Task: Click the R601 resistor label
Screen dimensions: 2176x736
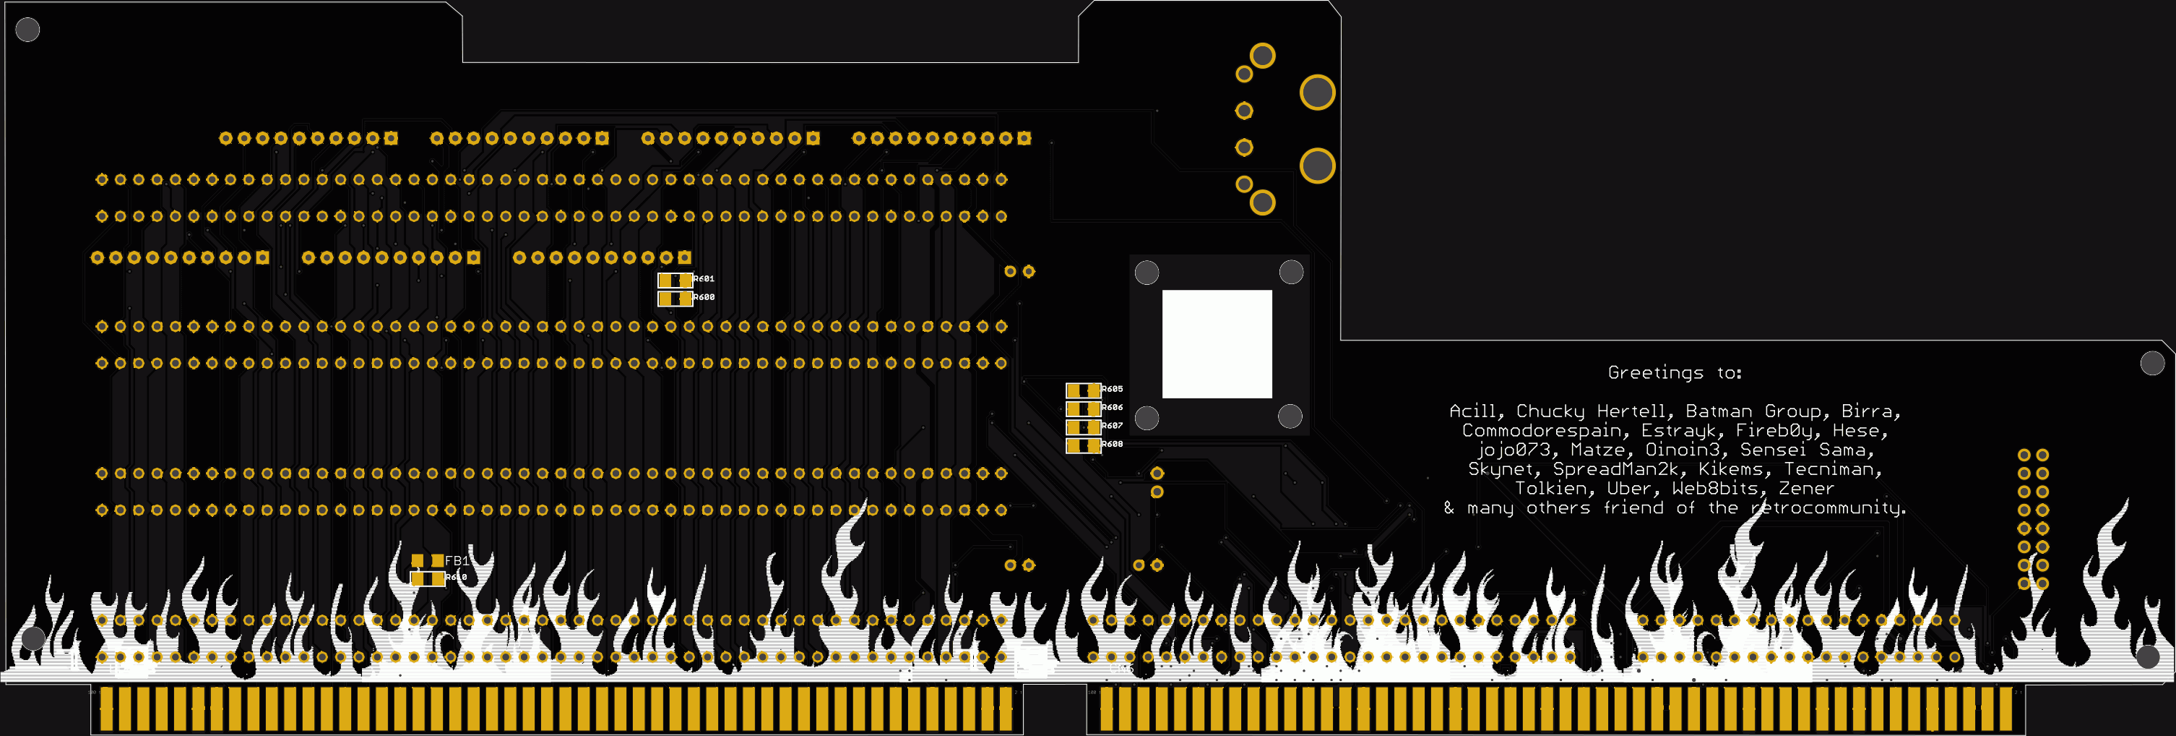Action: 704,279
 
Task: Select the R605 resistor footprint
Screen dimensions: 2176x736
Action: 1082,390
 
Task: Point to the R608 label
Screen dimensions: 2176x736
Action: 1112,445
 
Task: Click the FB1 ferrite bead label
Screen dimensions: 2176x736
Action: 456,561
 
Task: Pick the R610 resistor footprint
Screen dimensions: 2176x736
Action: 428,578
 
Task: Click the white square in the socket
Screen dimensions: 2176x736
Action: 1217,344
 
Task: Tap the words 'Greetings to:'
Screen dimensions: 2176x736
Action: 1673,372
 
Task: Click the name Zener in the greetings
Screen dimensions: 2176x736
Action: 1806,489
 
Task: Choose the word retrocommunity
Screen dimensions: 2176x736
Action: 1828,508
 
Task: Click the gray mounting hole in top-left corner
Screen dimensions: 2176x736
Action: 28,30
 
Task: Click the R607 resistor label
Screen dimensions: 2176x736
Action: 1112,426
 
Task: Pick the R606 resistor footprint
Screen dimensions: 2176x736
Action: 1082,408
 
